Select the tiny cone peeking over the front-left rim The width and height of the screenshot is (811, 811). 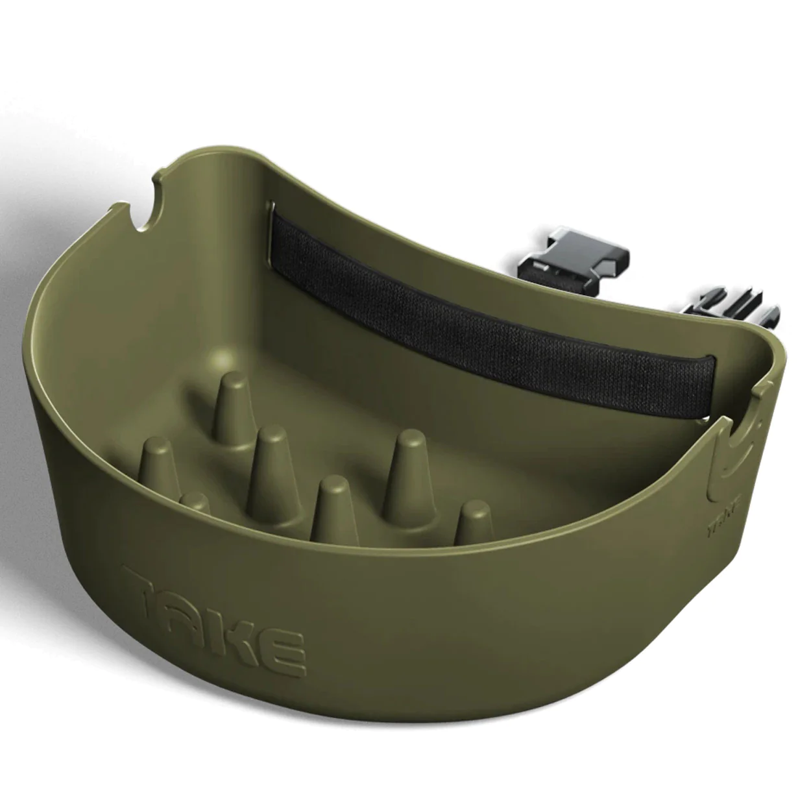point(195,504)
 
